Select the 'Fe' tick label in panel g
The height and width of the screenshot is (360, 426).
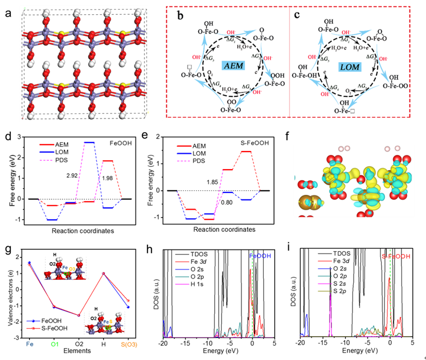(29, 345)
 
